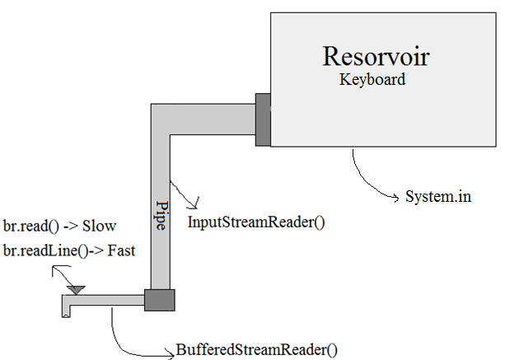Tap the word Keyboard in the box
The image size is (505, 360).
(x=372, y=81)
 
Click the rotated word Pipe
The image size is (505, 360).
(x=162, y=215)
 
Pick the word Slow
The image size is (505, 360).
(x=99, y=226)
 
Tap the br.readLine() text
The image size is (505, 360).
(x=38, y=250)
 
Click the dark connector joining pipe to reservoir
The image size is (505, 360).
(x=264, y=120)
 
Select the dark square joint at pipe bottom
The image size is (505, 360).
(x=159, y=300)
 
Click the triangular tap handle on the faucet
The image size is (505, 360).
(x=77, y=289)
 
